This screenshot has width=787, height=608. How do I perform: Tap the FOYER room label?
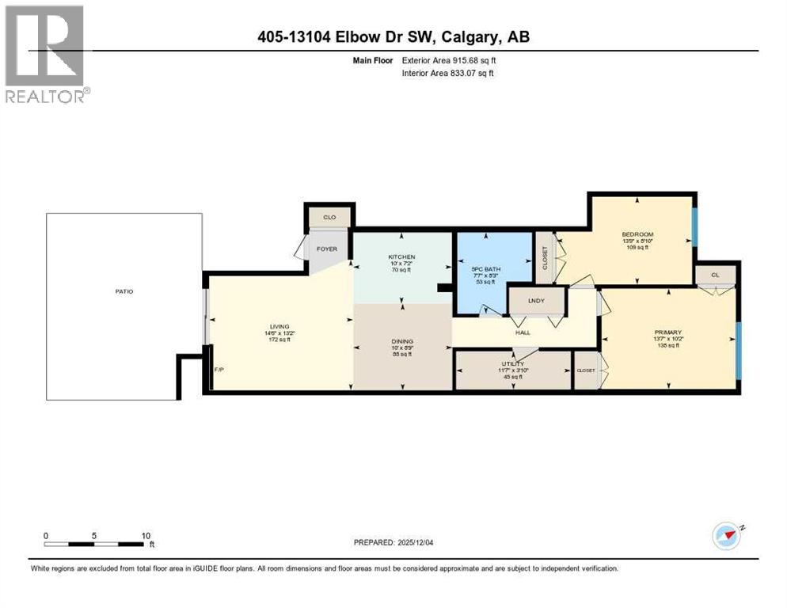(327, 249)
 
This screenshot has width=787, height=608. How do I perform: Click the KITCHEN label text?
(401, 257)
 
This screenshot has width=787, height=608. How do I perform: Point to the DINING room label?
(402, 342)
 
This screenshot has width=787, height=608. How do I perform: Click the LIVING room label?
(279, 326)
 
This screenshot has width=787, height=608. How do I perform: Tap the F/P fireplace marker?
(219, 369)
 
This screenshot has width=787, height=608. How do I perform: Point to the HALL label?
(523, 332)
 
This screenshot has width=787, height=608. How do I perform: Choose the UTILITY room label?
(511, 364)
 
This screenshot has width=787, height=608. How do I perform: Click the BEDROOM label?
(637, 234)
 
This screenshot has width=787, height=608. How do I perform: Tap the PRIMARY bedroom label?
(668, 332)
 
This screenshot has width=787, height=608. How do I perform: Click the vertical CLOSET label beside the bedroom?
(545, 256)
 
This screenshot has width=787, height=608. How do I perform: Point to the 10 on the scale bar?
(146, 535)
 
